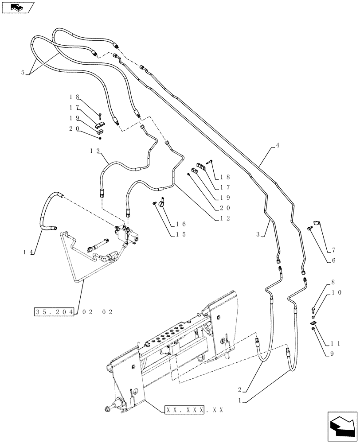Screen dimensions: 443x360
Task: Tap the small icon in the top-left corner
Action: pos(18,8)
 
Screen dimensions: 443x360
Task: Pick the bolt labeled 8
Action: pos(313,309)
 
